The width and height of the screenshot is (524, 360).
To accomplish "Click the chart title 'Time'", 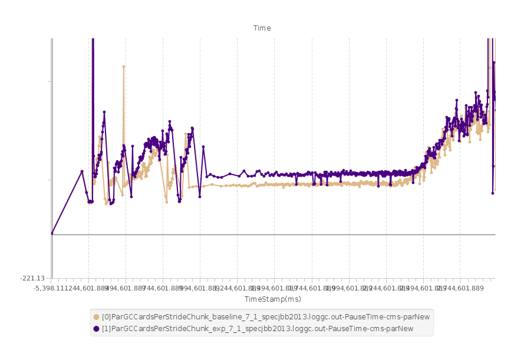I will [x=262, y=28].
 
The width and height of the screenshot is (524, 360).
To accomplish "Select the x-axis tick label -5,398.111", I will [x=52, y=288].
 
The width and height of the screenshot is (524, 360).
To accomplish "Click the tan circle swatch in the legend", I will [x=96, y=317].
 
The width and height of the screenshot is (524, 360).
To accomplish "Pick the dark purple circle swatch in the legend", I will [x=96, y=328].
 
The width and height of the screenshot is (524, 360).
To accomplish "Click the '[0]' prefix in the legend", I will [x=106, y=317].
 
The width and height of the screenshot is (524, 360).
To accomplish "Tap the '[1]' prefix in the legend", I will [x=106, y=328].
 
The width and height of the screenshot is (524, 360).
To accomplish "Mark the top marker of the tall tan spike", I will [x=124, y=67].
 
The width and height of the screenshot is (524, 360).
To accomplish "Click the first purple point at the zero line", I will [x=52, y=233].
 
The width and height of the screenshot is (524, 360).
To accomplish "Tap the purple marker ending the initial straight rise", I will [x=82, y=171].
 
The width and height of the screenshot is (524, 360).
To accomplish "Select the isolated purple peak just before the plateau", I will [x=203, y=147].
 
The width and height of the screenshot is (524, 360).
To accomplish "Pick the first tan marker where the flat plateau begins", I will [x=189, y=187].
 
